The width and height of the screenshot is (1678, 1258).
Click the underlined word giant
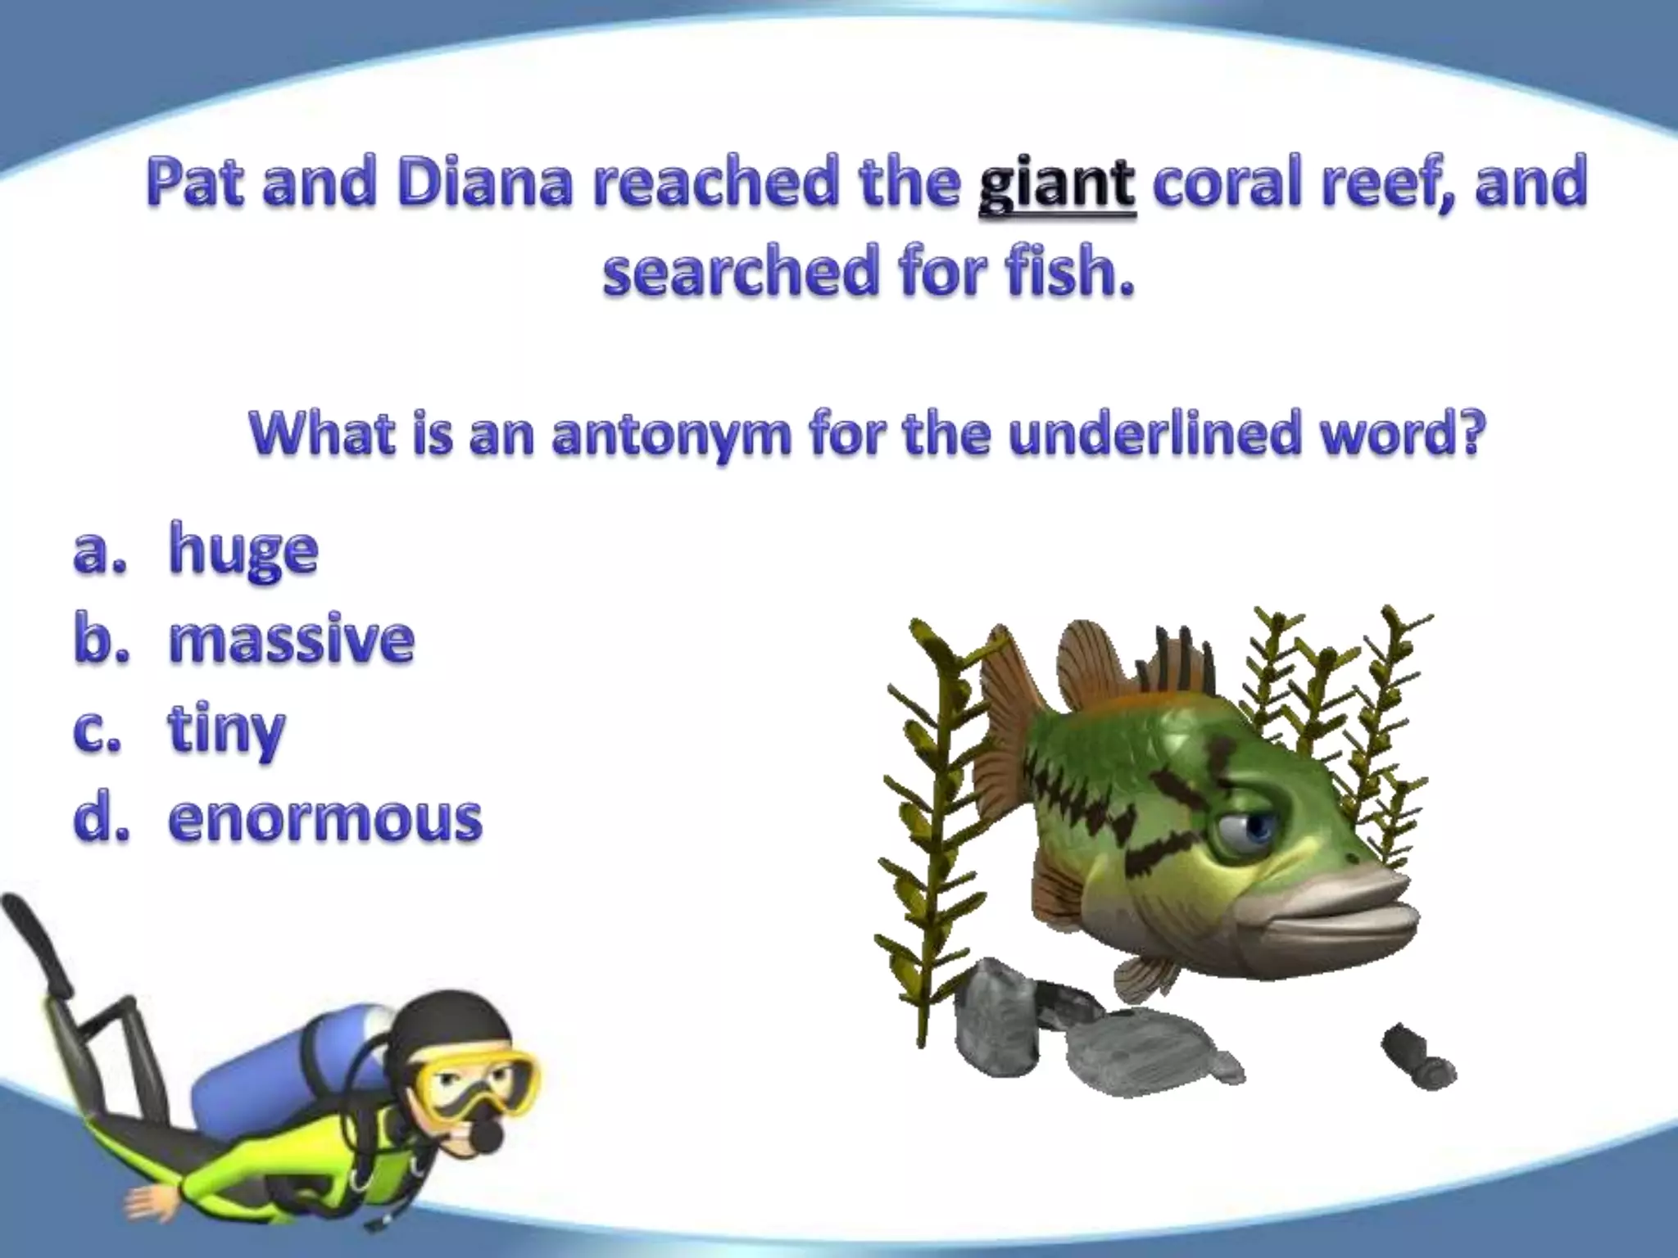1057,185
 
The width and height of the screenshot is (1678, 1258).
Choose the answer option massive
291,640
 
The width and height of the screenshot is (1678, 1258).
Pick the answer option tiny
226,730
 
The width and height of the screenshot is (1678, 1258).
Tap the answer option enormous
324,818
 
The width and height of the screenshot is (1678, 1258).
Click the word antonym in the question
671,435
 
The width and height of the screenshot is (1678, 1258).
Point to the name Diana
484,183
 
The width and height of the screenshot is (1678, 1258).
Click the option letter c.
97,731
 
